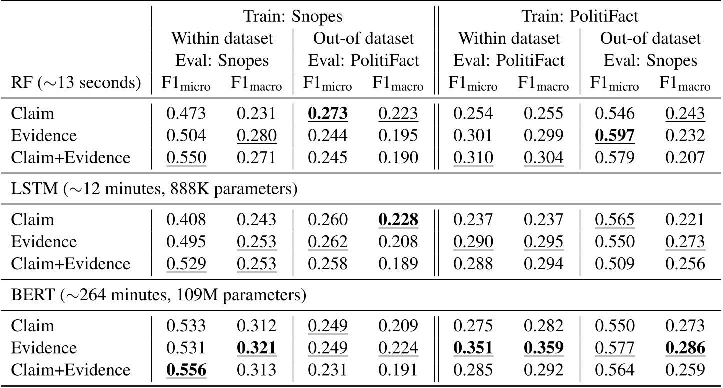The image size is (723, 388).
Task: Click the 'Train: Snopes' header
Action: [x=293, y=16]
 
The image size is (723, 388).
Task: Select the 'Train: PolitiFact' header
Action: [x=580, y=16]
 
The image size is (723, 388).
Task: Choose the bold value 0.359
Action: [x=543, y=348]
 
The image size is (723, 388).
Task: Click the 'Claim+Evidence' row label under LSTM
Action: [x=70, y=263]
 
